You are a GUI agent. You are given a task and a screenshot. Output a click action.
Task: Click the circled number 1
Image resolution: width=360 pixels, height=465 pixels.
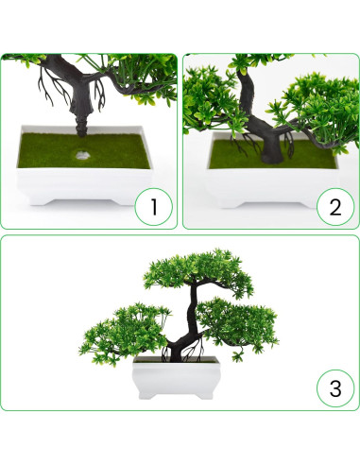click(x=154, y=207)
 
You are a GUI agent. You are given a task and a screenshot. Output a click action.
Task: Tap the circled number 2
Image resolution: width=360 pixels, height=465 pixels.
click(x=335, y=207)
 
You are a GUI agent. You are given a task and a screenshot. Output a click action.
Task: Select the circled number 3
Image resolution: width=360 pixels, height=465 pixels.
click(x=335, y=388)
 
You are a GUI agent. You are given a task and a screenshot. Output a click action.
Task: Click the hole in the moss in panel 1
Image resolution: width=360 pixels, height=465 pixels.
click(x=82, y=155)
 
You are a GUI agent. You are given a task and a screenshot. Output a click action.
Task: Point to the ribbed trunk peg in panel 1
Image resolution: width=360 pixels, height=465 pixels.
click(x=83, y=127)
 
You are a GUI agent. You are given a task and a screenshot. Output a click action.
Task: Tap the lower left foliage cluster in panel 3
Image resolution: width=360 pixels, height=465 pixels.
click(x=125, y=333)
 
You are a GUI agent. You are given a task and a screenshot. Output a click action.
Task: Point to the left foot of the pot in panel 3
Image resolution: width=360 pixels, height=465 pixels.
click(x=147, y=395)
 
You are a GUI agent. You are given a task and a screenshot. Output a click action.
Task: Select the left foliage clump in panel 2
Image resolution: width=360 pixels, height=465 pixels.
click(x=211, y=101)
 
